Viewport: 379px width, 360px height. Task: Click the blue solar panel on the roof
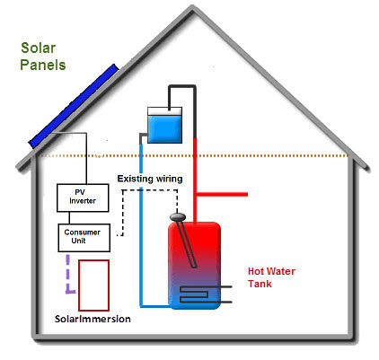[74, 106]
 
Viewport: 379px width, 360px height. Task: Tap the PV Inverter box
[83, 198]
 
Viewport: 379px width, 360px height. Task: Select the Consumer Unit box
[84, 238]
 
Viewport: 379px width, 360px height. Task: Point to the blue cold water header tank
[164, 125]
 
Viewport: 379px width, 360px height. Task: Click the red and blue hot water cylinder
[194, 266]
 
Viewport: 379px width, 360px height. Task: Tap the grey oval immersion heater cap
[178, 216]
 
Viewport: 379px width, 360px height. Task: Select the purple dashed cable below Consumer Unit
[68, 274]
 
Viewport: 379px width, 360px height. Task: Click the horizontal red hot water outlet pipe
[222, 194]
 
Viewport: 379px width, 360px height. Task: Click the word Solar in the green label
[39, 48]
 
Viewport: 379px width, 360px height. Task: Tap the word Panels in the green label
[43, 65]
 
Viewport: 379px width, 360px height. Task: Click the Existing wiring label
[150, 179]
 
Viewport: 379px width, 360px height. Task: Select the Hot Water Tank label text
[271, 277]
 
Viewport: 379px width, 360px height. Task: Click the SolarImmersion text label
[93, 319]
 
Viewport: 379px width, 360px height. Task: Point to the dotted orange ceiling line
[194, 156]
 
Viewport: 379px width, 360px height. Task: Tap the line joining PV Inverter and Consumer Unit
[69, 218]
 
